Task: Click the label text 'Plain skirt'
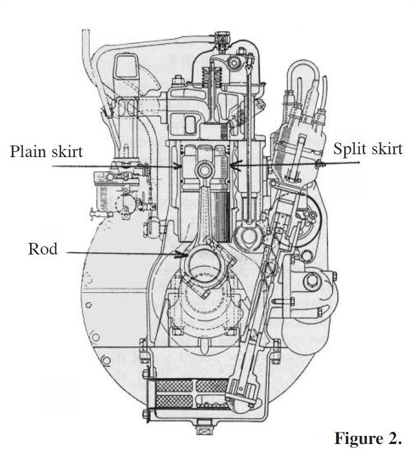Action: click(x=46, y=152)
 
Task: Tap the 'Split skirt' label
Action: click(x=367, y=148)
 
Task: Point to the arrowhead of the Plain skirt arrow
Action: click(x=181, y=168)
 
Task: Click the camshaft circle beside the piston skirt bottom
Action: click(x=251, y=237)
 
